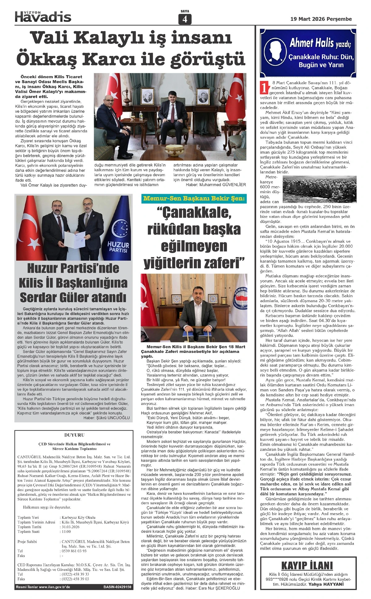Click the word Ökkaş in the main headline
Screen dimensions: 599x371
pyautogui.click(x=46, y=58)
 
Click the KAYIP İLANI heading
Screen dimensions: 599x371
pyautogui.click(x=307, y=566)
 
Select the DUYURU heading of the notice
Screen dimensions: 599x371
pyautogui.click(x=74, y=435)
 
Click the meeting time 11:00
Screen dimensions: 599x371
pyautogui.click(x=66, y=532)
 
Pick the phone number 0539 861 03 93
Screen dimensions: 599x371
pyautogui.click(x=74, y=551)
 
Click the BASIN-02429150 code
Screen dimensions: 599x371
pyautogui.click(x=117, y=587)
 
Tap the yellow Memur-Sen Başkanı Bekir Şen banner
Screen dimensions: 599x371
pyautogui.click(x=194, y=198)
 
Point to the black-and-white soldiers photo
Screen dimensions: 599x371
pyautogui.click(x=319, y=189)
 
